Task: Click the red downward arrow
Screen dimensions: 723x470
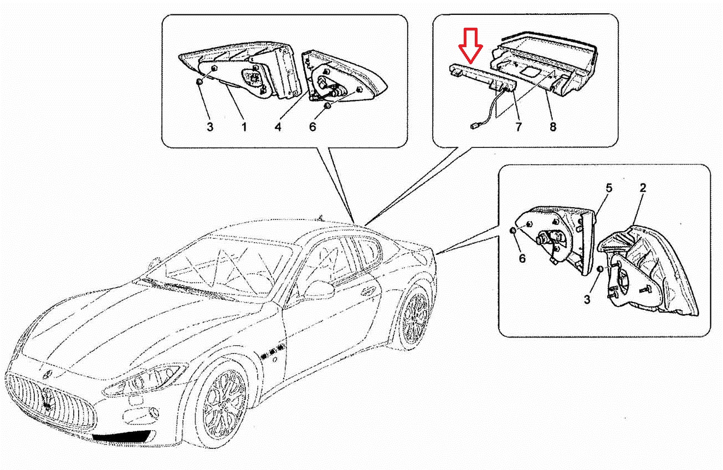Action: pyautogui.click(x=471, y=45)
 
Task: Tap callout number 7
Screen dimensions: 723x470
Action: pyautogui.click(x=519, y=127)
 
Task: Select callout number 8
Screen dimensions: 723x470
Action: pyautogui.click(x=553, y=127)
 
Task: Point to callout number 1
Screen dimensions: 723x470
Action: pyautogui.click(x=244, y=127)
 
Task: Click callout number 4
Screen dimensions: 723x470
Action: pyautogui.click(x=278, y=127)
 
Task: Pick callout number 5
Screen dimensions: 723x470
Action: pyautogui.click(x=609, y=188)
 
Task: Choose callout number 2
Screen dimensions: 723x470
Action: pyautogui.click(x=643, y=188)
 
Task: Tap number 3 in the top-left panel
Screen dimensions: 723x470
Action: pyautogui.click(x=210, y=127)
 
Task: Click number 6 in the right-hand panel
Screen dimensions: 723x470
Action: pyautogui.click(x=522, y=258)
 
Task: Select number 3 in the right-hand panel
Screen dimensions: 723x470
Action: pyautogui.click(x=587, y=299)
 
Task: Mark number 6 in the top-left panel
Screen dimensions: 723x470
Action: pyautogui.click(x=312, y=127)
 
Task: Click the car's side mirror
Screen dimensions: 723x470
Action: pyautogui.click(x=320, y=289)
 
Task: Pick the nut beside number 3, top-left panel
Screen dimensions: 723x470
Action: pyautogui.click(x=199, y=82)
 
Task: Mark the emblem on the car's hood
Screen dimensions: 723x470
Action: pyautogui.click(x=48, y=375)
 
